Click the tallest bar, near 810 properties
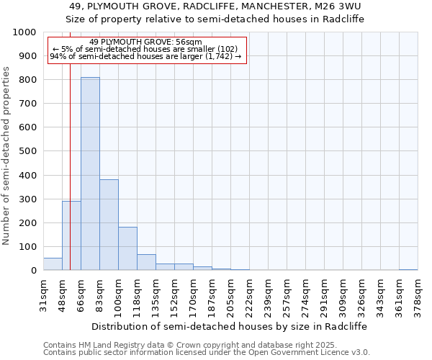[x=90, y=174]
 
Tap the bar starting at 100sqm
[x=127, y=248]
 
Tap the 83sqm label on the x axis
[x=99, y=292]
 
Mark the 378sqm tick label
[x=418, y=294]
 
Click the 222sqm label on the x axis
[x=249, y=294]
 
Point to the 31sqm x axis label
[x=43, y=292]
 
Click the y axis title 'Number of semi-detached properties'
[x=6, y=156]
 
